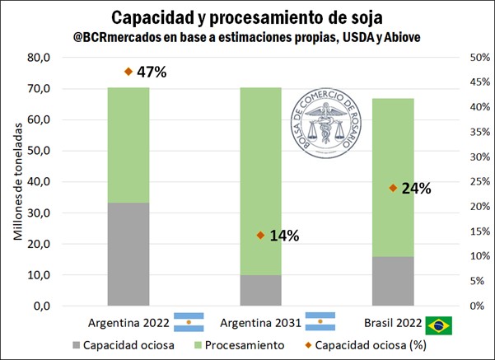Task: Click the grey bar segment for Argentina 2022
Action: click(128, 254)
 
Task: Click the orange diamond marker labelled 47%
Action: click(128, 72)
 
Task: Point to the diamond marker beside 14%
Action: click(260, 235)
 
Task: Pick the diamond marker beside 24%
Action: click(392, 188)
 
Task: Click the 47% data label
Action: click(152, 72)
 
